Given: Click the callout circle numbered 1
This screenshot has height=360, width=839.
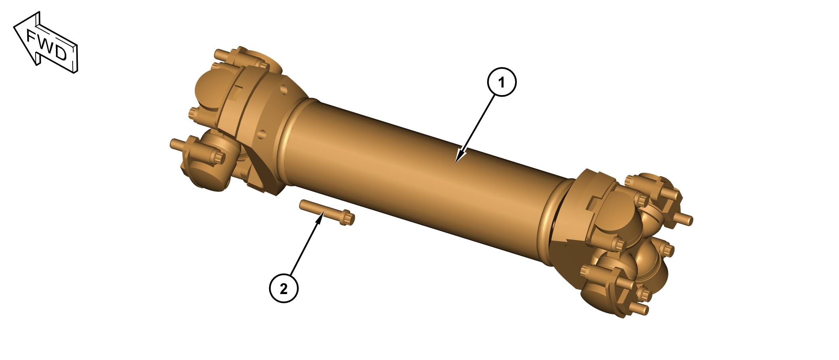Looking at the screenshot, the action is [x=502, y=82].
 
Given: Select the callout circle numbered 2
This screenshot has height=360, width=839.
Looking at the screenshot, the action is [x=284, y=288].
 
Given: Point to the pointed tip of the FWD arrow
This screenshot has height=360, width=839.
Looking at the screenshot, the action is [x=14, y=26].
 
